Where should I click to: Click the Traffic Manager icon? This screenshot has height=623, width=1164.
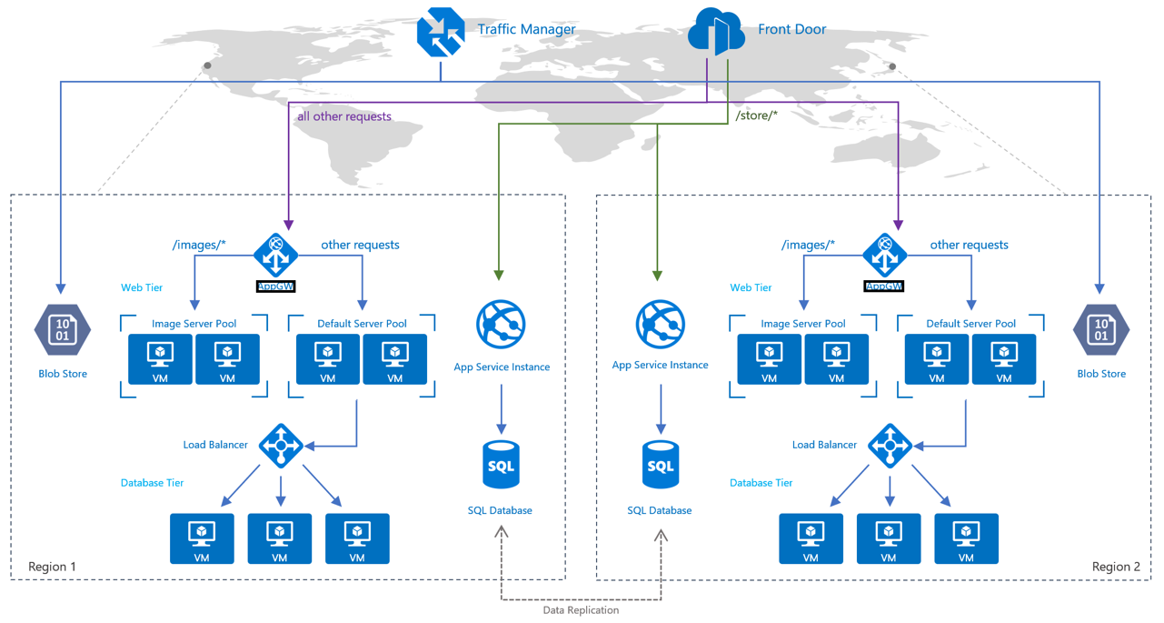441,32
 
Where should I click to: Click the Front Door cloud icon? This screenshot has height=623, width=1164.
717,31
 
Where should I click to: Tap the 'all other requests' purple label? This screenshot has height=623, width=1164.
344,116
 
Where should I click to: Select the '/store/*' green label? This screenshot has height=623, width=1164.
756,116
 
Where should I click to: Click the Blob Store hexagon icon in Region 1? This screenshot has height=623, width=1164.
62,331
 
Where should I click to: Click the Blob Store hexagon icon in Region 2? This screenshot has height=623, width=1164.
1100,331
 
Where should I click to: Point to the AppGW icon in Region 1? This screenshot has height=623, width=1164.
275,256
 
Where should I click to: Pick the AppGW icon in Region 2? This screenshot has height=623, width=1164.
884,256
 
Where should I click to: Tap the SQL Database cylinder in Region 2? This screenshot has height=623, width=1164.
660,466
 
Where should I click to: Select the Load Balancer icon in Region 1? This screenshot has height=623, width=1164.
281,445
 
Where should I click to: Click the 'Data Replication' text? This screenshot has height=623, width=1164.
581,610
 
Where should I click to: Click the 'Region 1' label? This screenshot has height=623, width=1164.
53,567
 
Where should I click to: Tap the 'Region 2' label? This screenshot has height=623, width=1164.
1116,567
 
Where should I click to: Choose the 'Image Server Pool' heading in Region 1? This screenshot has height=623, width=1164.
194,324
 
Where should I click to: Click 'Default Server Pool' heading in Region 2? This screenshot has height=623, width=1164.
970,324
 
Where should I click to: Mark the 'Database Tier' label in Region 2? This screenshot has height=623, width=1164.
761,483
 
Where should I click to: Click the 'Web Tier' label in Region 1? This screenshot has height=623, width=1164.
142,287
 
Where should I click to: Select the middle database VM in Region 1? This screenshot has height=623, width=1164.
280,538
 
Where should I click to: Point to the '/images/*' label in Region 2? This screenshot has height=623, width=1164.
808,245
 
